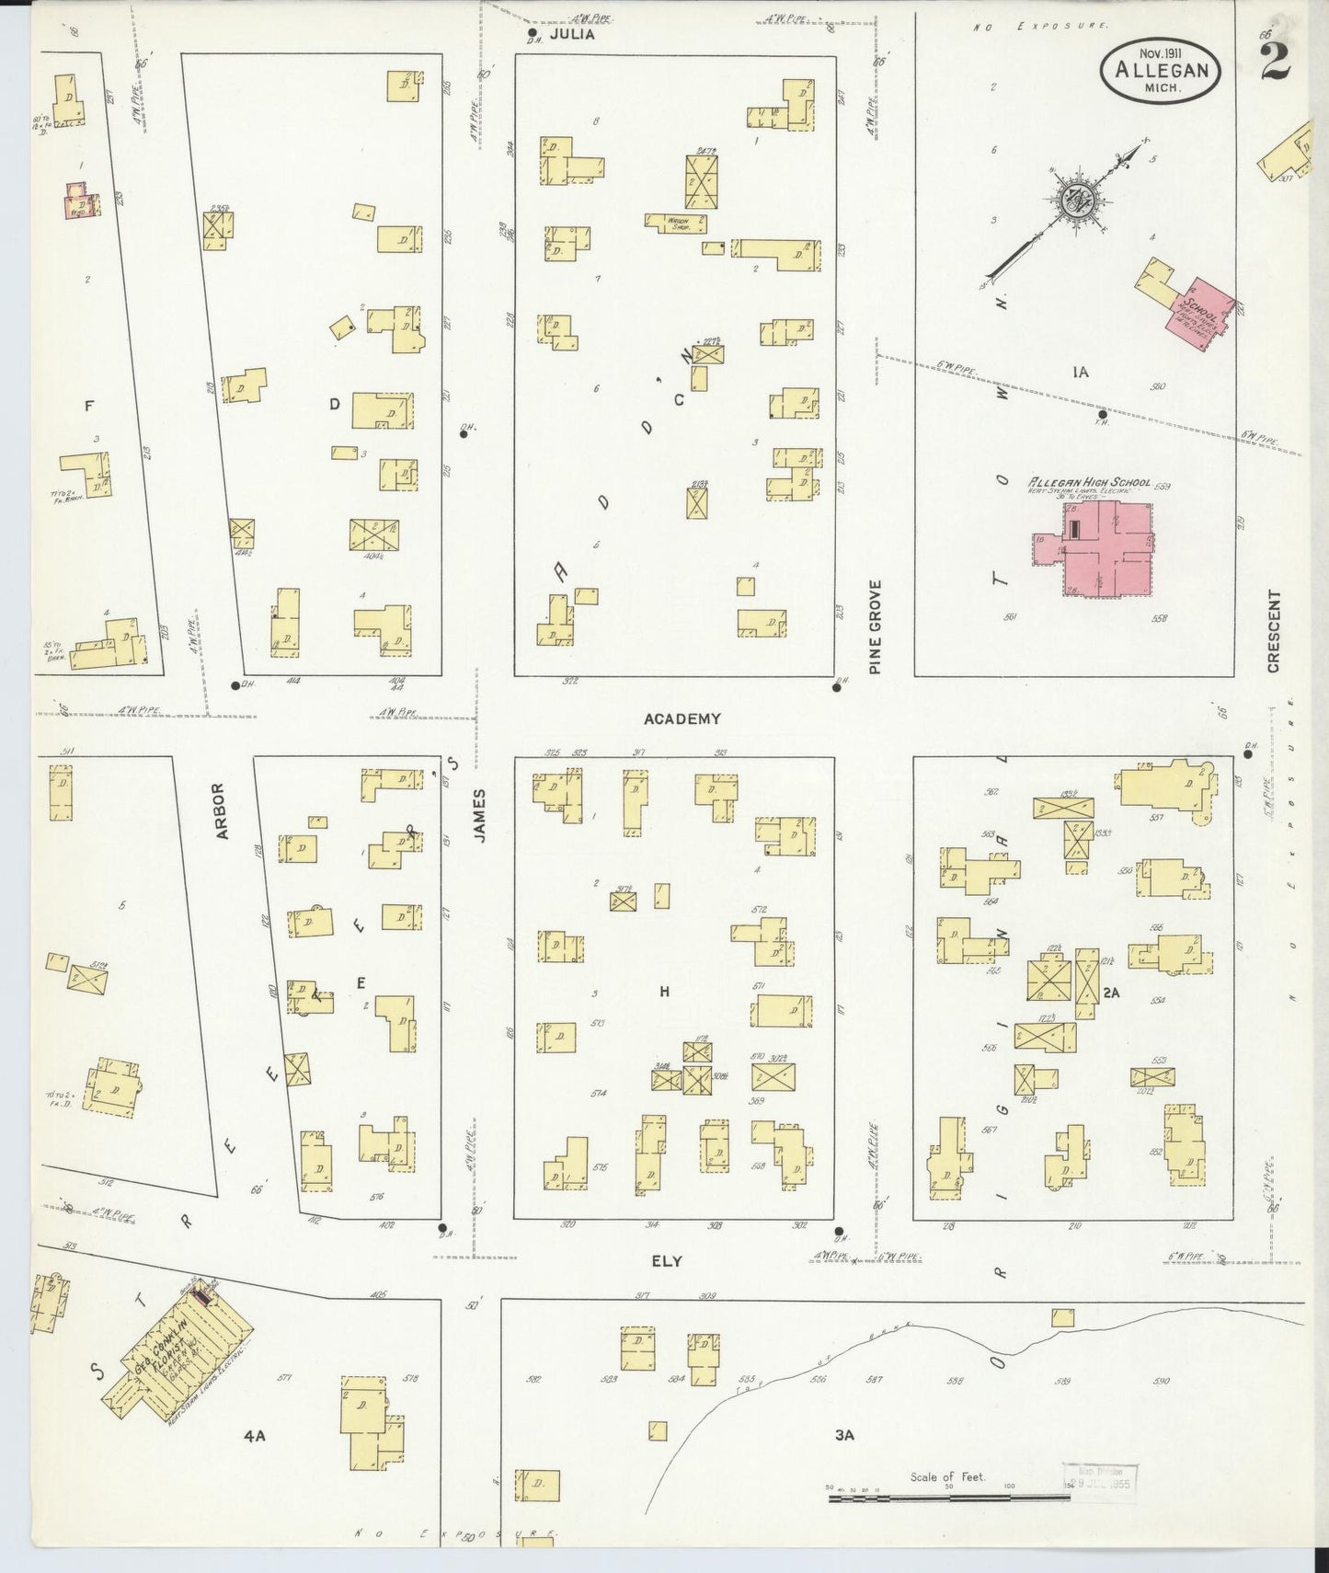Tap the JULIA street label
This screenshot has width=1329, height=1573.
click(x=572, y=34)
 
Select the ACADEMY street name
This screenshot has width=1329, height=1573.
click(x=682, y=718)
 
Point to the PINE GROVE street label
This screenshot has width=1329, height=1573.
click(x=875, y=626)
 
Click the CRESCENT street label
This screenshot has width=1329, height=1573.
click(x=1274, y=631)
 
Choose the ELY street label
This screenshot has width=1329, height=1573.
click(x=667, y=1261)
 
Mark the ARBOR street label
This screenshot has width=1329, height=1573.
click(x=219, y=811)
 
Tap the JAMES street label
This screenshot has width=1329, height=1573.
click(x=478, y=813)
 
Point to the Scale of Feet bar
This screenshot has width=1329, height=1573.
click(x=947, y=1498)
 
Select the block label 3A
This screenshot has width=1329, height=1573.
click(x=844, y=1434)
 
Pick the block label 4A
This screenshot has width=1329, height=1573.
click(x=255, y=1435)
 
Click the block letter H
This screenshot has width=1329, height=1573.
click(x=663, y=991)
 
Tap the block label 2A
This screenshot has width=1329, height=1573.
click(x=1111, y=993)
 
